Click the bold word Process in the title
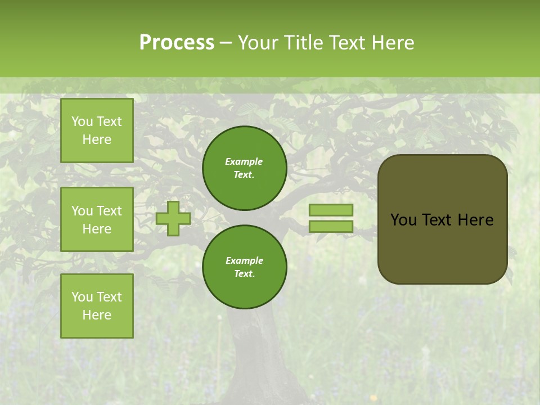click(177, 43)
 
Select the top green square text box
click(97, 130)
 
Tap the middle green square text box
click(97, 219)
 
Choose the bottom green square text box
click(97, 305)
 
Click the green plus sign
click(173, 218)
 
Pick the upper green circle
click(245, 168)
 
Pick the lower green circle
click(245, 267)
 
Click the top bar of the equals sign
click(331, 210)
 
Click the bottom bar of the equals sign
click(331, 227)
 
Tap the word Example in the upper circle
click(244, 162)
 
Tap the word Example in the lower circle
click(244, 261)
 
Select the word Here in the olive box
click(475, 220)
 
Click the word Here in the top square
click(97, 139)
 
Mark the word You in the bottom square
click(82, 297)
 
